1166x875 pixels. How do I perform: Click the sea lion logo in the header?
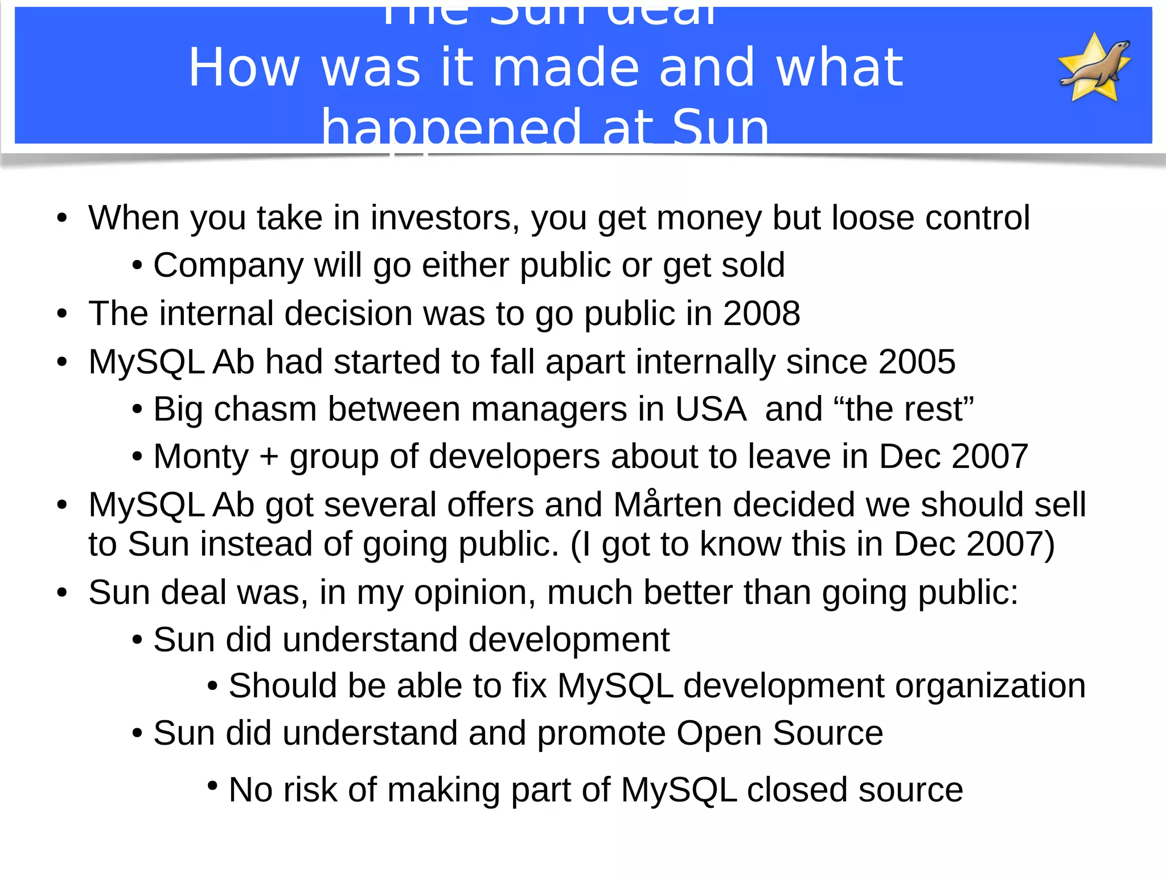[x=1094, y=68]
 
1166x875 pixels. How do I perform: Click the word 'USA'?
[x=711, y=409]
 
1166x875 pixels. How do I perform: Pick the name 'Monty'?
[x=201, y=457]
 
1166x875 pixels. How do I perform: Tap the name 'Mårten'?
[x=668, y=504]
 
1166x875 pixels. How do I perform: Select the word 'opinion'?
[x=475, y=593]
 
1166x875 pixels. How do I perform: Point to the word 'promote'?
[x=601, y=733]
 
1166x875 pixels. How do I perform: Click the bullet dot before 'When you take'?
[x=62, y=219]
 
